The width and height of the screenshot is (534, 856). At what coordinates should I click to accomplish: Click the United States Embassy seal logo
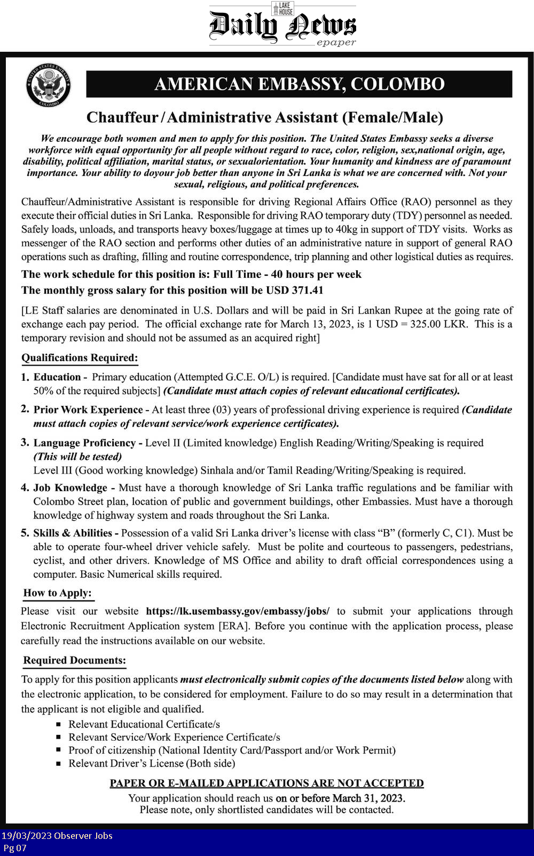pyautogui.click(x=49, y=84)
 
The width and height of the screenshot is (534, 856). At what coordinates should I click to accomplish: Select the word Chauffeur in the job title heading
pyautogui.click(x=122, y=117)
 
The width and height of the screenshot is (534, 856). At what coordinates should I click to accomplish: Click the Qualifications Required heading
pyautogui.click(x=80, y=358)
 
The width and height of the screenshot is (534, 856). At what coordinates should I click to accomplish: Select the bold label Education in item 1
pyautogui.click(x=57, y=377)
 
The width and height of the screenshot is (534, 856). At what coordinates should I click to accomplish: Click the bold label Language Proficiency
pyautogui.click(x=84, y=443)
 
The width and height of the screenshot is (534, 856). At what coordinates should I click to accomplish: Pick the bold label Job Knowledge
pyautogui.click(x=70, y=487)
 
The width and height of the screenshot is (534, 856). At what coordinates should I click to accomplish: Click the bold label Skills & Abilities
pyautogui.click(x=73, y=533)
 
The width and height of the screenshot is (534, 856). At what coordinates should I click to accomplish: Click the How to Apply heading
pyautogui.click(x=58, y=593)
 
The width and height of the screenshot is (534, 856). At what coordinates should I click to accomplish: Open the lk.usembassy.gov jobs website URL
pyautogui.click(x=238, y=611)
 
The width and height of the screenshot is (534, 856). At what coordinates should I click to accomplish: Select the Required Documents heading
pyautogui.click(x=75, y=660)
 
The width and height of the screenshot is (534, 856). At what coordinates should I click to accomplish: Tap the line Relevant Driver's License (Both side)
pyautogui.click(x=152, y=763)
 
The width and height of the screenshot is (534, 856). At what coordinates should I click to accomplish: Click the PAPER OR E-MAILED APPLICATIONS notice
pyautogui.click(x=266, y=783)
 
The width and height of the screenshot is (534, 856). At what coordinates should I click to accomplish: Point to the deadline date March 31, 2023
pyautogui.click(x=368, y=798)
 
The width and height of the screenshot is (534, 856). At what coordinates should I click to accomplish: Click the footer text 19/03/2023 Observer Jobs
pyautogui.click(x=57, y=836)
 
